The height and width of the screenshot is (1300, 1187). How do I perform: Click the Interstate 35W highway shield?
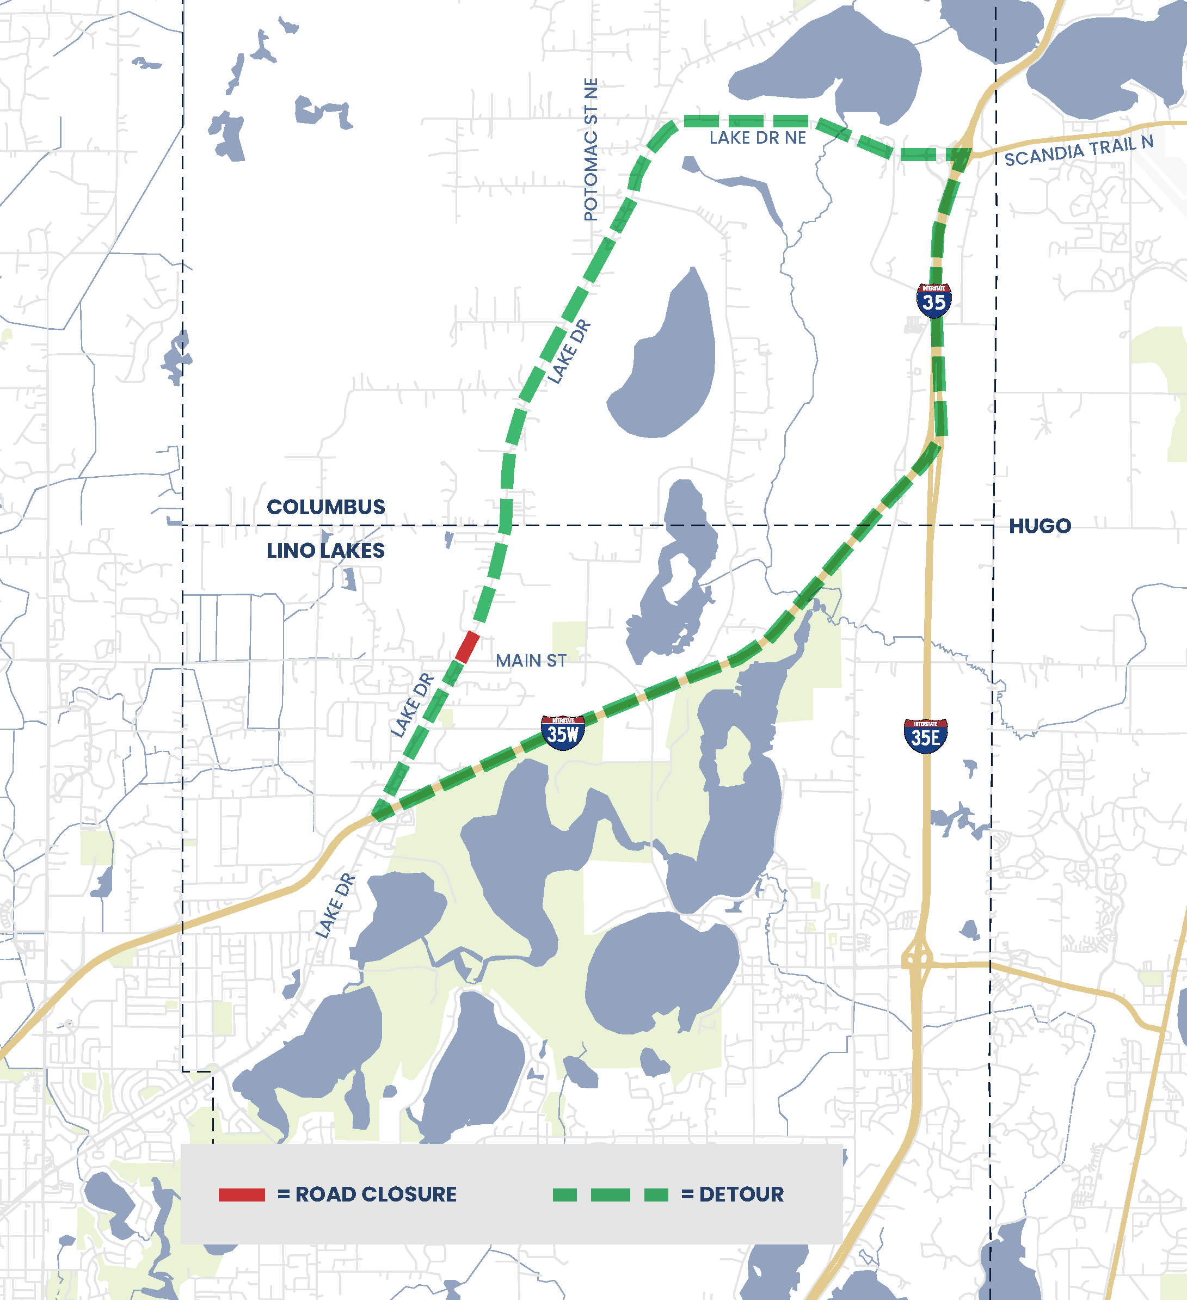[563, 732]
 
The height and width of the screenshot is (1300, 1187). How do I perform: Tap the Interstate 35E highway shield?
[926, 736]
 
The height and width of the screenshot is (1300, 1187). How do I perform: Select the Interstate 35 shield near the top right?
[933, 300]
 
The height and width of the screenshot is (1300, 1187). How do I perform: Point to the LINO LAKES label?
[326, 551]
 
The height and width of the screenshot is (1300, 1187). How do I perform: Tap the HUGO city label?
[1040, 526]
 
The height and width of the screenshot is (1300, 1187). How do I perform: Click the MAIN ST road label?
[531, 661]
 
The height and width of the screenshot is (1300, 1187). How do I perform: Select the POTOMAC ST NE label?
[591, 150]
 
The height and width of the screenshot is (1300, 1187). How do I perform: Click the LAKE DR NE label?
[758, 138]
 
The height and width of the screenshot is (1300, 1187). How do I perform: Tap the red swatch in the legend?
[242, 1195]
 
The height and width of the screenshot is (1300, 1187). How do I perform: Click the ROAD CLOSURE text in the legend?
[376, 1195]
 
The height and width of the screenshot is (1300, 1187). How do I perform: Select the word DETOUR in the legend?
[741, 1195]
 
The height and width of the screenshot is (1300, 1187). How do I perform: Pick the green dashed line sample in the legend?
[610, 1195]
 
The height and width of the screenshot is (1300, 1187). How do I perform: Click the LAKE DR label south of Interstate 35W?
[335, 905]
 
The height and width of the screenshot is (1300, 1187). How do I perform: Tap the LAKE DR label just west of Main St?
[412, 705]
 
